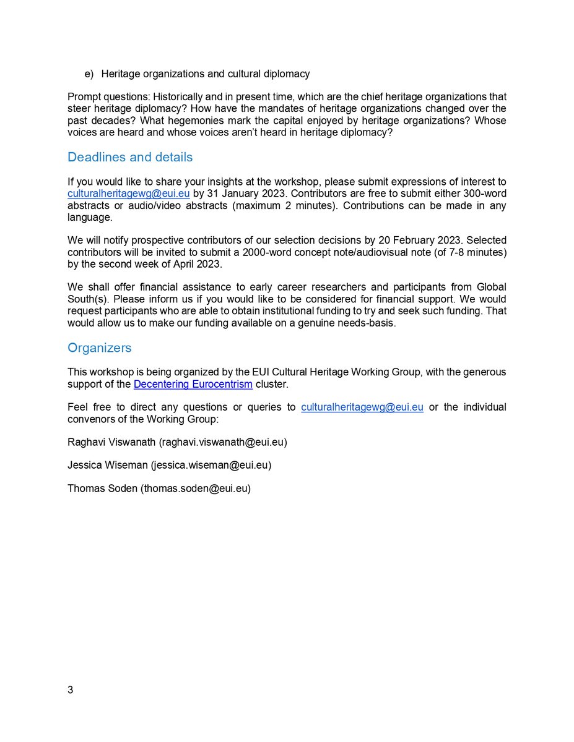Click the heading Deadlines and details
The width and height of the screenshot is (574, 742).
130,157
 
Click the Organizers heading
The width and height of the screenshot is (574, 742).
99,348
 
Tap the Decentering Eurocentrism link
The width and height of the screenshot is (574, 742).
193,385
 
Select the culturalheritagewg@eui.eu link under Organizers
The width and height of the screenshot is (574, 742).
362,407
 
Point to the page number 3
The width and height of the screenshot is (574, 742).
71,689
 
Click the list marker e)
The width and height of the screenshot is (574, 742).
89,74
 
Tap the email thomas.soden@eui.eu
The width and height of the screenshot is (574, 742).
196,488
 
